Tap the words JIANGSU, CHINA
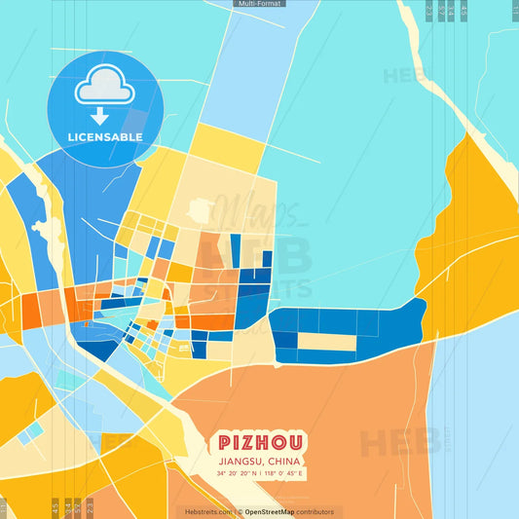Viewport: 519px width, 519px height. click(x=259, y=461)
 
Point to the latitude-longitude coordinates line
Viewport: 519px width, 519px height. click(x=260, y=474)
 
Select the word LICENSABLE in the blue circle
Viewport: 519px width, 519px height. click(x=104, y=137)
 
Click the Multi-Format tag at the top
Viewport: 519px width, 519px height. click(x=259, y=4)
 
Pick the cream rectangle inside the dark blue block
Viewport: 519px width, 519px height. click(x=326, y=342)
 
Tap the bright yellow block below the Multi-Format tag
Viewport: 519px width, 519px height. click(x=226, y=142)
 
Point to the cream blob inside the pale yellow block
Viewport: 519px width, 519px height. click(x=201, y=209)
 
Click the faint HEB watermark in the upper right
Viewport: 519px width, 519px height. click(x=405, y=75)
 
